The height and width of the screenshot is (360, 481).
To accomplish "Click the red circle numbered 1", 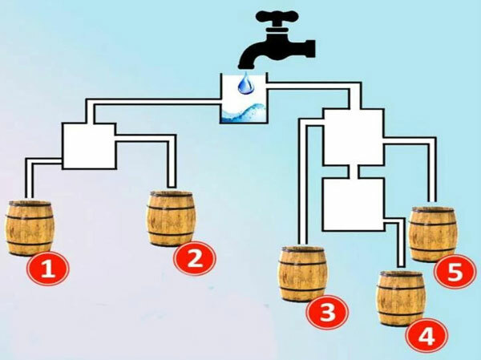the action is (48, 269).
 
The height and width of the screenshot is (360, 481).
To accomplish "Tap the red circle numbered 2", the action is (195, 258).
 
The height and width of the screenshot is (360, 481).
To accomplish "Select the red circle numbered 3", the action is (328, 312).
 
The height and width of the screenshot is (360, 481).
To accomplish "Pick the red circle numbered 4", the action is (426, 337).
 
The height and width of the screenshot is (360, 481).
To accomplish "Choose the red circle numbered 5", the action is (455, 271).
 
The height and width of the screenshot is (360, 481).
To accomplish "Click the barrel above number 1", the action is (30, 228).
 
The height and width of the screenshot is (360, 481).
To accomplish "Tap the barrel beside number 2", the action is (171, 218).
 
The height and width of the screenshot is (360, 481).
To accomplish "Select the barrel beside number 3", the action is (302, 273).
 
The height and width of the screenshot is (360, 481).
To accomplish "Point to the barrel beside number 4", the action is (401, 298).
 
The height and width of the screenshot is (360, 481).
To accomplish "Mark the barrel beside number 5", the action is (433, 234).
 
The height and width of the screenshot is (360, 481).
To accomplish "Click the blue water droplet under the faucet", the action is (246, 83).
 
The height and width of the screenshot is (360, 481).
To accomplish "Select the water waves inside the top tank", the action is (244, 113).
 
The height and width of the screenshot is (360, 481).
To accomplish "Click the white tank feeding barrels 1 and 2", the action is (89, 146).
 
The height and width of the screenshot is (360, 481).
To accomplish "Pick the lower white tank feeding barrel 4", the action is (353, 204).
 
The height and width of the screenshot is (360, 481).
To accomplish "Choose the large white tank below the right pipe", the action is (353, 137).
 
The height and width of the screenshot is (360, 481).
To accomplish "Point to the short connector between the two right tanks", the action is (354, 172).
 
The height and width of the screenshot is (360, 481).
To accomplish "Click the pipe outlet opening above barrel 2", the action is (172, 187).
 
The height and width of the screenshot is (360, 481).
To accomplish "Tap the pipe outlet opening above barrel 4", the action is (402, 267).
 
